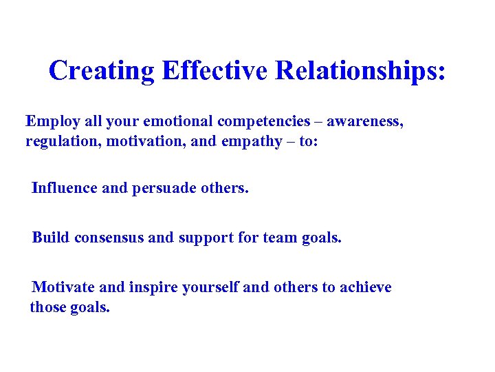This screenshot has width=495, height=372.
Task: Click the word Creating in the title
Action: (x=102, y=71)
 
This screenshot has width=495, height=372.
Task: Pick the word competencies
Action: (x=264, y=122)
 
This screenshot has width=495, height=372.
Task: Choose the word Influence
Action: (x=64, y=188)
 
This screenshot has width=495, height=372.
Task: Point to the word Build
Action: (x=51, y=238)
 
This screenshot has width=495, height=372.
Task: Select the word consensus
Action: (x=109, y=238)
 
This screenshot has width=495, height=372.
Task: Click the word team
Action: (x=280, y=238)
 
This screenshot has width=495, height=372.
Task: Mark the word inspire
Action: (x=155, y=287)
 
